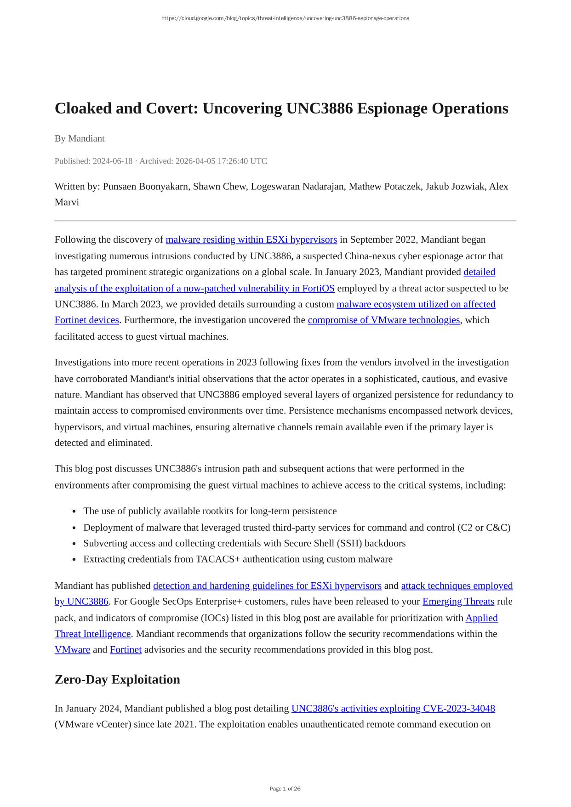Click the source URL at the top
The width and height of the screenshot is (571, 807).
[285, 18]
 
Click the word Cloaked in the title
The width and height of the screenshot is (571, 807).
[83, 108]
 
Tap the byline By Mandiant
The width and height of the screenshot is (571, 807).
[80, 138]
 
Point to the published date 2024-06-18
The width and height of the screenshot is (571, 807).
[112, 161]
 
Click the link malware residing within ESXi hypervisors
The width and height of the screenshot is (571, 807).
[251, 239]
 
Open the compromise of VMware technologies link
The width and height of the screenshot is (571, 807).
[383, 320]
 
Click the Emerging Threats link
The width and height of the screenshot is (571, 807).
[458, 602]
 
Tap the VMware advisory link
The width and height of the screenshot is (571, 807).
[72, 650]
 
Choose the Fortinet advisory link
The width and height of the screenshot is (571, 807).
[126, 650]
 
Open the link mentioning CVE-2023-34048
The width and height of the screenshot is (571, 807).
[393, 709]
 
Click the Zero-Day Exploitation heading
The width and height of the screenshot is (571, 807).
[117, 679]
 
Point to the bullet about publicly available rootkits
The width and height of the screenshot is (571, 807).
[210, 511]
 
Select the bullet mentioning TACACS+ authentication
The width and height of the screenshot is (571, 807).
[238, 559]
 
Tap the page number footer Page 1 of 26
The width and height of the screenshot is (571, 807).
[285, 789]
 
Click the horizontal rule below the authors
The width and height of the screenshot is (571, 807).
[285, 221]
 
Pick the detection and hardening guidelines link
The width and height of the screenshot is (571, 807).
[267, 586]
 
